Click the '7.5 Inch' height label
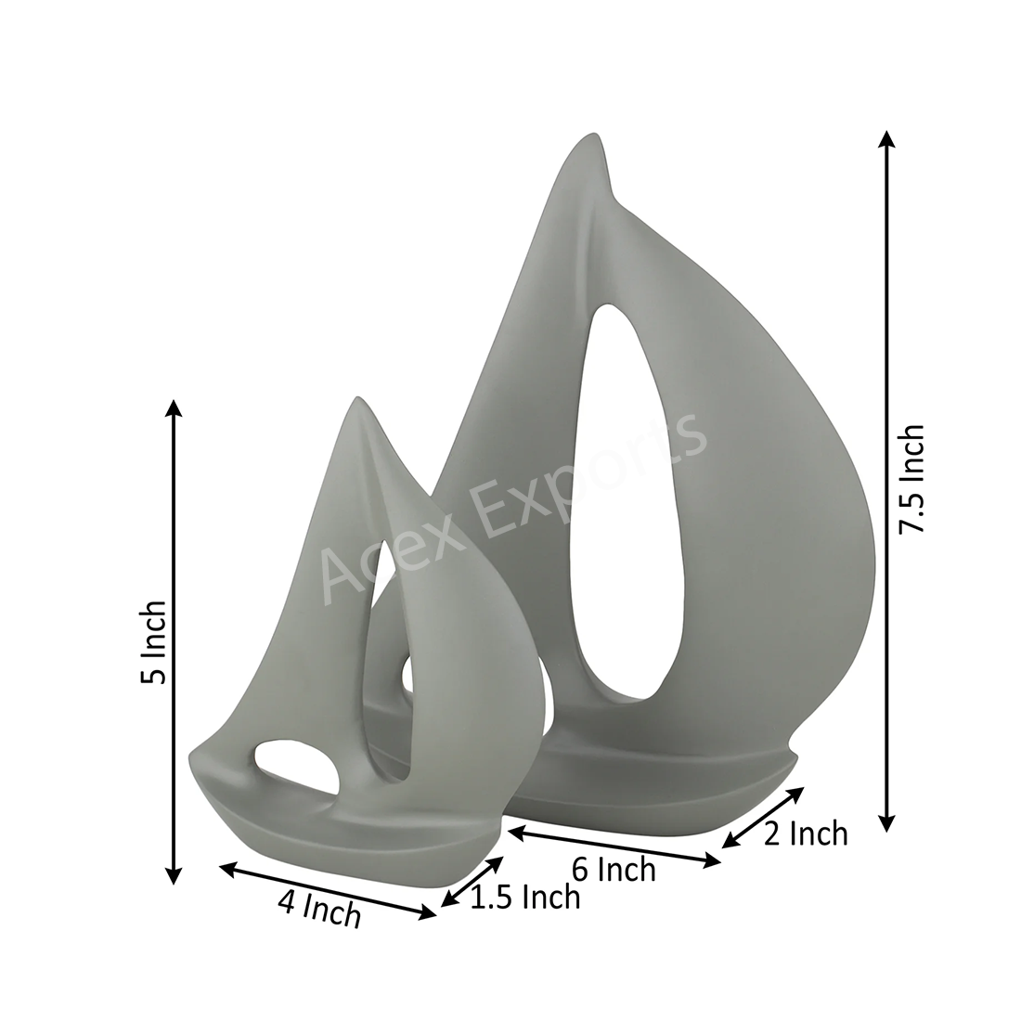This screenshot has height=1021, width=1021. tap(911, 478)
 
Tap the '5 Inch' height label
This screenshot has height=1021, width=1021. tap(154, 641)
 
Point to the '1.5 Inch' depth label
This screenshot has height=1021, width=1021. tap(524, 898)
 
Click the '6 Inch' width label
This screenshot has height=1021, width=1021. tap(614, 870)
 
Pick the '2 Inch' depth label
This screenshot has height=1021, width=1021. tap(806, 834)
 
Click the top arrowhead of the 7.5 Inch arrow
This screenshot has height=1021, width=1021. tap(885, 139)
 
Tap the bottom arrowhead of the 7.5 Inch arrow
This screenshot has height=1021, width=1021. tap(885, 823)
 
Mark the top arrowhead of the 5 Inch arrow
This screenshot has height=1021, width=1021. tap(173, 408)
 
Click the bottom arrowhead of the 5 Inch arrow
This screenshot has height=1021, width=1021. tap(173, 875)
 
